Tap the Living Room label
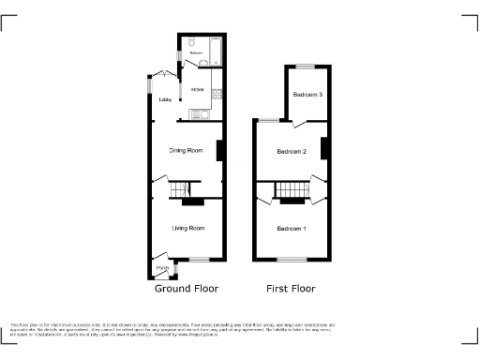pos(187,228)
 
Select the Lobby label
pos(165,98)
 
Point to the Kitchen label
pos(198,89)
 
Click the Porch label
pos(161,267)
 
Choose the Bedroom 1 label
pos(291,229)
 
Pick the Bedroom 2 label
pos(292,152)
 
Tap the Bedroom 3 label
pos(307,95)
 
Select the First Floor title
pos(291,289)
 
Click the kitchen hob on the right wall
pos(217,93)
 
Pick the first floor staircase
pos(292,192)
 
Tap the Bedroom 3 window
pos(307,64)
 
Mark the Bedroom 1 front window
pos(292,259)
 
